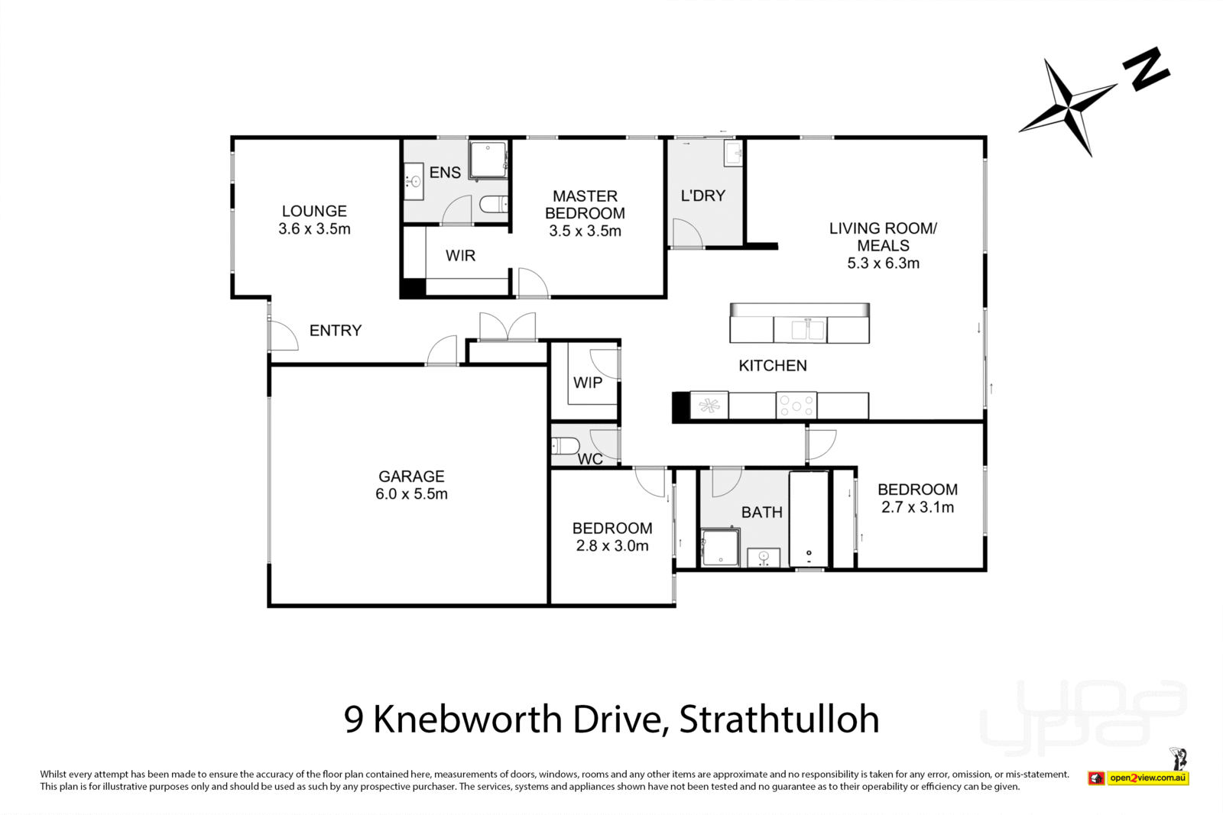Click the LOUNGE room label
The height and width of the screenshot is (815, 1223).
[x=314, y=211]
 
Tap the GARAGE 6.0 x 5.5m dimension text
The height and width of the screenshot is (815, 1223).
[x=411, y=494]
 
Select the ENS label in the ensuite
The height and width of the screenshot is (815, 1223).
[x=445, y=173]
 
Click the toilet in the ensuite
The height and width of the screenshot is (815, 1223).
[x=494, y=205]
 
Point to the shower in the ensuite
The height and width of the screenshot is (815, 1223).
[x=488, y=160]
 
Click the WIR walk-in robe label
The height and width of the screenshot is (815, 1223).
[x=460, y=256]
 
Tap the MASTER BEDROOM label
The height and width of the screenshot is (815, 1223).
[x=585, y=205]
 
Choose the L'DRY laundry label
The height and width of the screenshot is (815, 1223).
[x=702, y=196]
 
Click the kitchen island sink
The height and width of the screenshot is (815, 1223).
[x=808, y=330]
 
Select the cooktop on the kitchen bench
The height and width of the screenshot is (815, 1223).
[x=796, y=406]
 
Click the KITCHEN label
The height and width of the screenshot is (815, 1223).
[x=772, y=366]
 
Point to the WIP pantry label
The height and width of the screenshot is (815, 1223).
[x=588, y=383]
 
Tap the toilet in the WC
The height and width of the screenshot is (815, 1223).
[x=565, y=445]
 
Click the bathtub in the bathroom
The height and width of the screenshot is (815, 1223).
[x=809, y=519]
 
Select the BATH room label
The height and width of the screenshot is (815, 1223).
[x=761, y=513]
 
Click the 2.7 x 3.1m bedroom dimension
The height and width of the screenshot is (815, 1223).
[x=917, y=507]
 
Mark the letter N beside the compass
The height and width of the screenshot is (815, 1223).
[x=1146, y=70]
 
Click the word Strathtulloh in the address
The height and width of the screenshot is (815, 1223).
[x=779, y=720]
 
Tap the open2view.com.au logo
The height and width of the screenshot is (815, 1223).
[x=1147, y=778]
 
